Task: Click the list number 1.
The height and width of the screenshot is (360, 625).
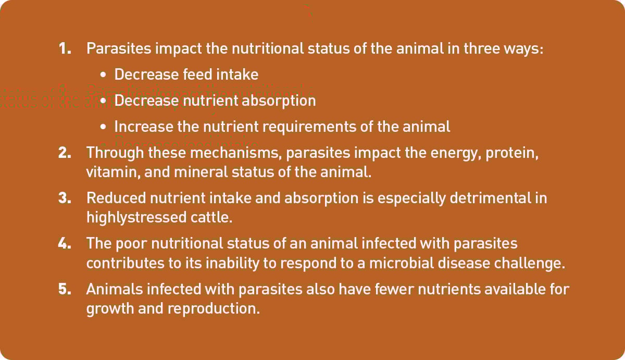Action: click(x=65, y=48)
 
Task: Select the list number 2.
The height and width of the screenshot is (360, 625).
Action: click(x=65, y=153)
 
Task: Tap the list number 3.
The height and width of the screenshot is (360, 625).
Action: click(x=65, y=198)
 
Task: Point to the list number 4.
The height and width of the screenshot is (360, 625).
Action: click(x=65, y=243)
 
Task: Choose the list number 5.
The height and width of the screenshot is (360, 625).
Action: click(x=65, y=289)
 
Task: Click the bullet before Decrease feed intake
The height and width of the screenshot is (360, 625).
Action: click(x=103, y=75)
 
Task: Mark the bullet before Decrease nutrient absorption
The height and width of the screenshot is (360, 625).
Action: click(x=103, y=101)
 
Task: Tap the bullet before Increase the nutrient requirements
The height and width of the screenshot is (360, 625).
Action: click(x=103, y=127)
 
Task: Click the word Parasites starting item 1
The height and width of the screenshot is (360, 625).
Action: click(x=119, y=48)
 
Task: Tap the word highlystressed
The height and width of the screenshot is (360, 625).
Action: click(x=136, y=218)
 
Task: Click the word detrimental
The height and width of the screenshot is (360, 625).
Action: click(x=490, y=198)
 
